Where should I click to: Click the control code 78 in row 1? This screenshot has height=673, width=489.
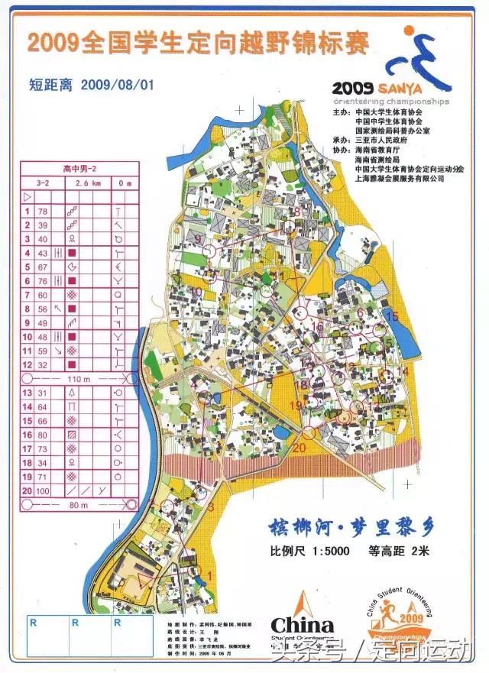43,211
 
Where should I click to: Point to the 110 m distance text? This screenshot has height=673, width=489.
74,379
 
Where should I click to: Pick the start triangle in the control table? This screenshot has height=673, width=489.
28,197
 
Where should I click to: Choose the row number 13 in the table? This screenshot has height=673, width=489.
27,392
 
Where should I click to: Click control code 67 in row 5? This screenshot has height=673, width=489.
43,267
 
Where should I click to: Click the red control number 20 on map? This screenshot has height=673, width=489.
299,448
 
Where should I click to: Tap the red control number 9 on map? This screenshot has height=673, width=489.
198,240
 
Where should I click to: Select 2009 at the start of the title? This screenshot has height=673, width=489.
53,43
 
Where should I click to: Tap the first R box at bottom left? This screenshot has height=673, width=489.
33,623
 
